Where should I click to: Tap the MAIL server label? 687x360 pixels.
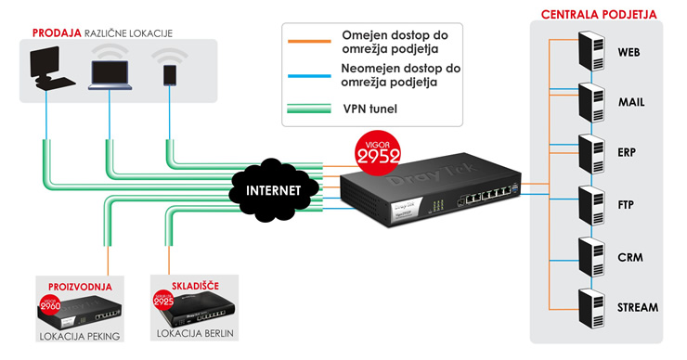tap(631, 102)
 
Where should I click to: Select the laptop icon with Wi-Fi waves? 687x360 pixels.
tap(110, 72)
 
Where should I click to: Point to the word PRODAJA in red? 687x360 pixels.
tap(57, 33)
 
